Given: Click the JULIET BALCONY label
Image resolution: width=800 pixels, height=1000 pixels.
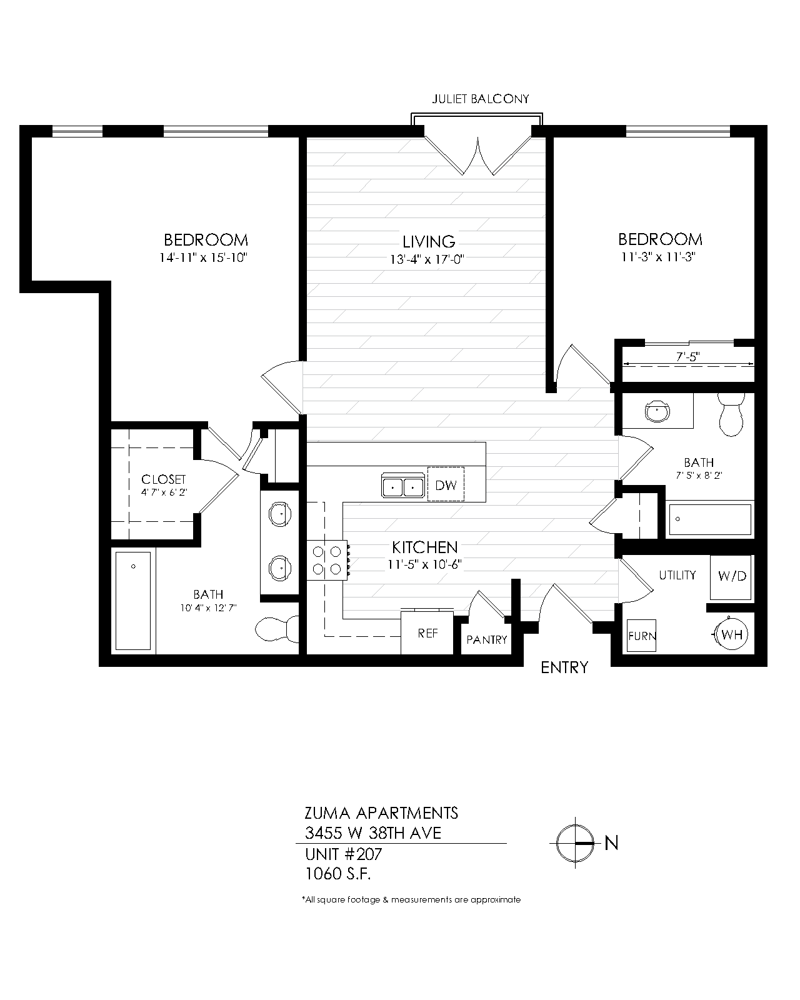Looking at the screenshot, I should click(x=481, y=99).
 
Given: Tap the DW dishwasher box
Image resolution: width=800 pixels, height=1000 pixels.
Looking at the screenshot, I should click(x=446, y=484).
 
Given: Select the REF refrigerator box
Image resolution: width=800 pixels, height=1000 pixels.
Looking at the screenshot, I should click(x=427, y=633).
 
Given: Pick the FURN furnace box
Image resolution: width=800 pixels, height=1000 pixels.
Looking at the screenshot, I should click(x=642, y=637).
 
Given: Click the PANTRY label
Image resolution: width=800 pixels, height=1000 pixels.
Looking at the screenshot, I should click(x=487, y=640).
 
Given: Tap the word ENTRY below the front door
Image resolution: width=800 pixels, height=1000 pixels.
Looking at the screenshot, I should click(x=564, y=667).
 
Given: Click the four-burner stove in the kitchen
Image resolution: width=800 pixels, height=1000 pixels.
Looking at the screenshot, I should click(x=328, y=560).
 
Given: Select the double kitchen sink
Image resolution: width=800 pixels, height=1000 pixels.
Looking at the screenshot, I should click(x=402, y=486).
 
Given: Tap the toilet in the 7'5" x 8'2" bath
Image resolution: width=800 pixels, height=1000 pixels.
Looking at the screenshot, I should click(x=730, y=414).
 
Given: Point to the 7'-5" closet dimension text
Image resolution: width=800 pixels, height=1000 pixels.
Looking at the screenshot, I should click(x=688, y=356).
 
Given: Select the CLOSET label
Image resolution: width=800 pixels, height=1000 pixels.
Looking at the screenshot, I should click(x=163, y=479).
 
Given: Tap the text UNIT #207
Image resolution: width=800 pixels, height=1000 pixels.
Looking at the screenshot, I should click(x=343, y=854).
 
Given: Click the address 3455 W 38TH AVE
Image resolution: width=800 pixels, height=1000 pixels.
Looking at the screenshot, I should click(x=373, y=832).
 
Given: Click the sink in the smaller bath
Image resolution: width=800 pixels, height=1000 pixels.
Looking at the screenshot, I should click(x=657, y=412).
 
